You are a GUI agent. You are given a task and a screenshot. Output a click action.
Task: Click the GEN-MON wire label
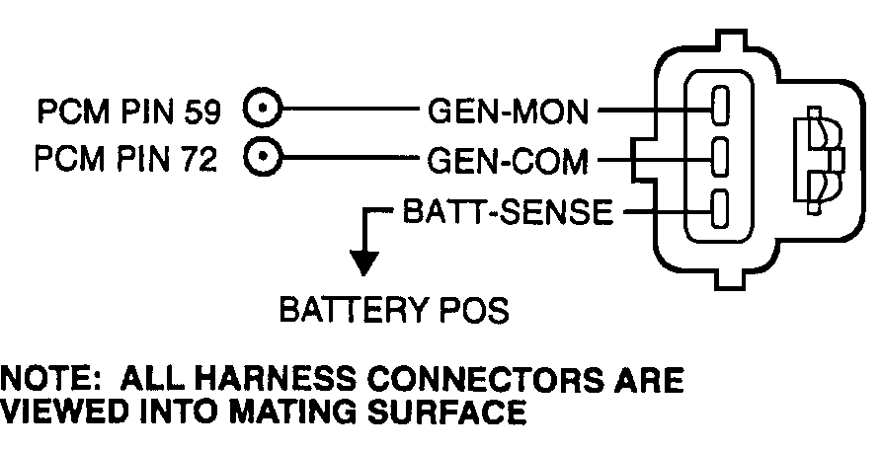click(x=508, y=112)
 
